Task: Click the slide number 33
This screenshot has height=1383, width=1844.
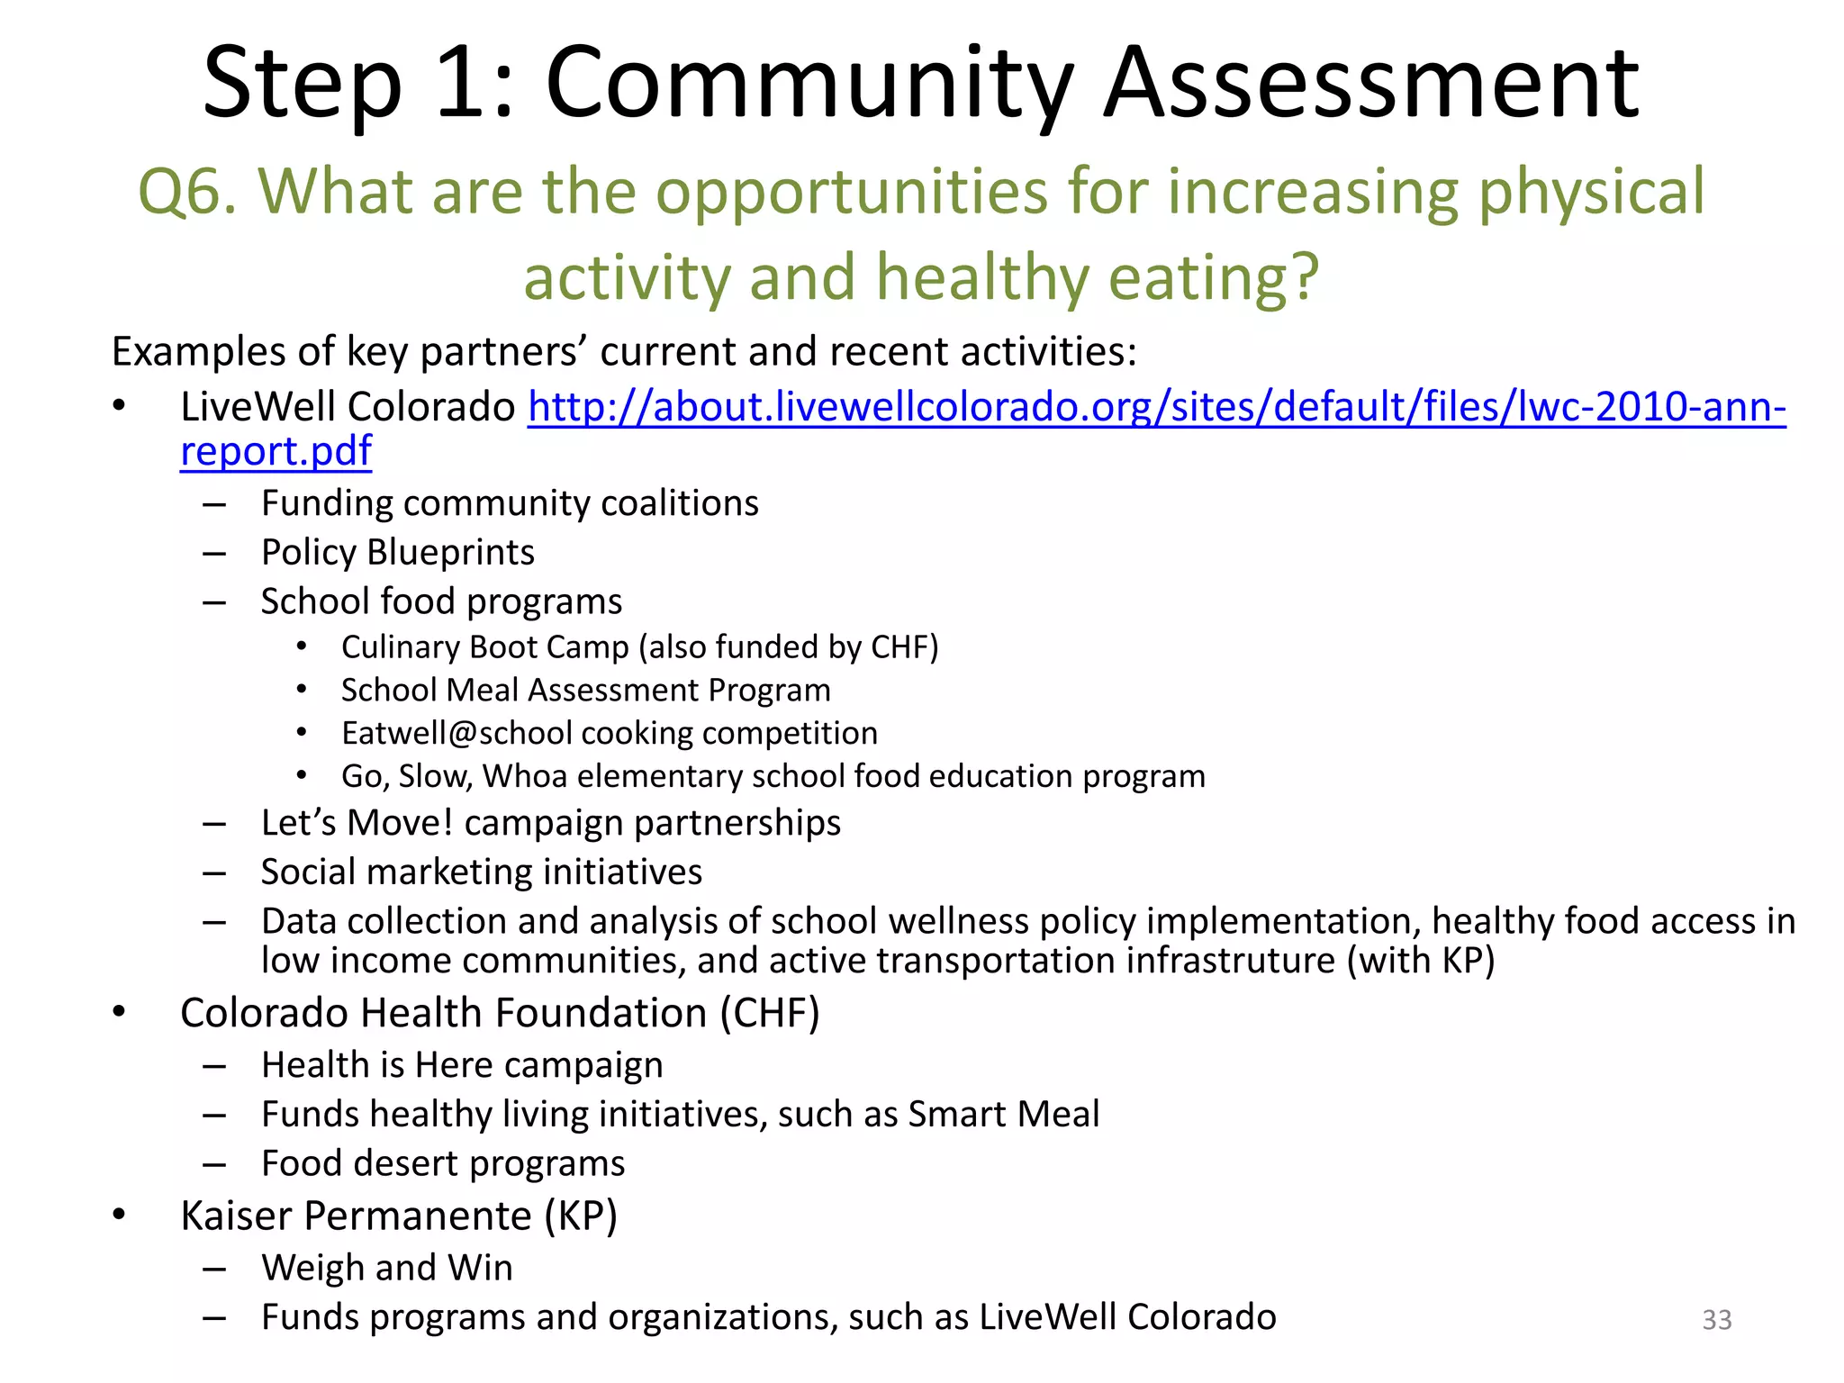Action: point(1717,1319)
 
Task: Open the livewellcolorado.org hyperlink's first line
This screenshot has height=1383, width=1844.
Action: point(1156,407)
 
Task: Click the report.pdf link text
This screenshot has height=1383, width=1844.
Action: point(276,451)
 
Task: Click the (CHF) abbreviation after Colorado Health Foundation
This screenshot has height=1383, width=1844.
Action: point(770,1013)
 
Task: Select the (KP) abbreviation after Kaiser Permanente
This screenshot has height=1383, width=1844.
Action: point(581,1216)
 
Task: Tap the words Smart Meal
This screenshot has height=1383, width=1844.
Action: point(1003,1115)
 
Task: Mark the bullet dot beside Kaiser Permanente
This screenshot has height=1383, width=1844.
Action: point(120,1216)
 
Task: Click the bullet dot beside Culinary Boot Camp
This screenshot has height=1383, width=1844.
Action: point(302,646)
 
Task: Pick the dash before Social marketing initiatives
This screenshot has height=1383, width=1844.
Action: point(214,872)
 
